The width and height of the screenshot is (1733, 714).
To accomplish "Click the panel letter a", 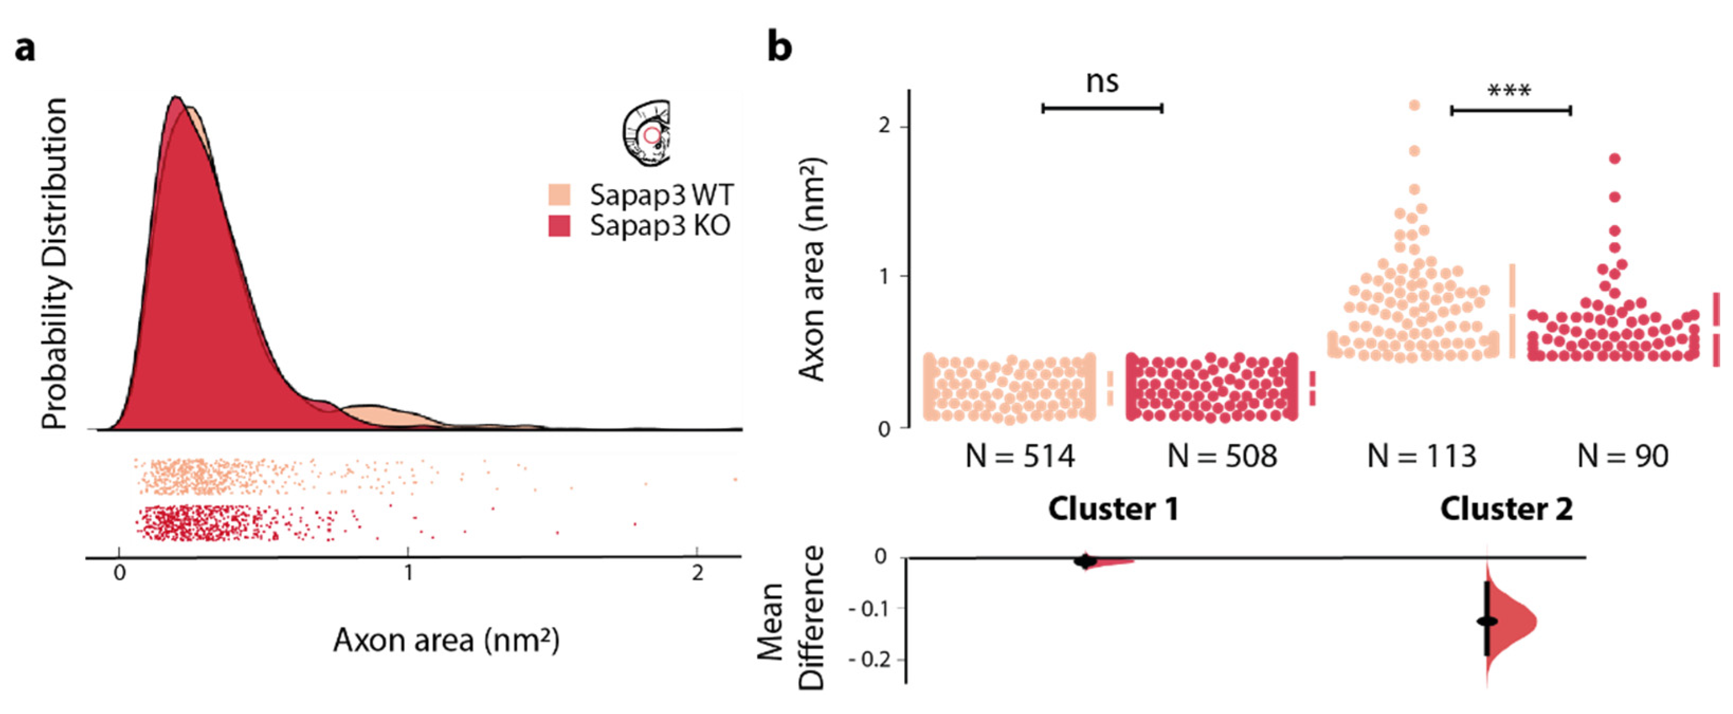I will point(25,49).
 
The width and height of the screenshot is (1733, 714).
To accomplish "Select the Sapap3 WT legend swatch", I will point(560,195).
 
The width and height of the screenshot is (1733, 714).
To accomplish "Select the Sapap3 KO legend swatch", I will point(560,226).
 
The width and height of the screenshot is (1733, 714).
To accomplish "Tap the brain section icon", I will point(646,133).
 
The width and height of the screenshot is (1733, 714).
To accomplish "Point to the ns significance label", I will point(1102,82).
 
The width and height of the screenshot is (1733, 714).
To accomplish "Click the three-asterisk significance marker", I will point(1509,90).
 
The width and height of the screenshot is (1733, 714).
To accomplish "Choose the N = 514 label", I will point(1020,457).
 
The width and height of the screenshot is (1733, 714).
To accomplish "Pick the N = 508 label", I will point(1221,457).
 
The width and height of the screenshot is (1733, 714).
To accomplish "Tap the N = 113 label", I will point(1421,457).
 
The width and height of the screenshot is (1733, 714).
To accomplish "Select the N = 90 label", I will point(1622,457).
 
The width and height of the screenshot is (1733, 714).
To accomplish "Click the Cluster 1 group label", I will point(1114,509).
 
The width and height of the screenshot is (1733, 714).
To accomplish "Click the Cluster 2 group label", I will point(1506,509).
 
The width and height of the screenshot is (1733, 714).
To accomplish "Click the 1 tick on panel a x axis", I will point(408,573).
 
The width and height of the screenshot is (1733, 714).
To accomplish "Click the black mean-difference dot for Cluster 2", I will point(1488,621).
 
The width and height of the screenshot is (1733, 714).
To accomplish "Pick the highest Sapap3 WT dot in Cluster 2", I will point(1414,105).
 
